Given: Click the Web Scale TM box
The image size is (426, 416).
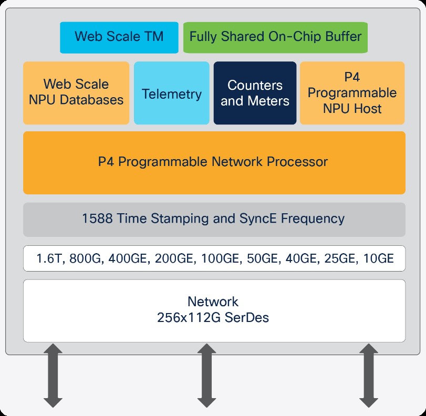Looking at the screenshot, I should tap(119, 37).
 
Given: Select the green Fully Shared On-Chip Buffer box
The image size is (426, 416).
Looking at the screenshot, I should tap(275, 37).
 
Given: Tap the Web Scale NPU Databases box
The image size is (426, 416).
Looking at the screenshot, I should tap(76, 92).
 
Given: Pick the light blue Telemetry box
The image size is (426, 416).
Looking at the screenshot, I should tap(171, 94).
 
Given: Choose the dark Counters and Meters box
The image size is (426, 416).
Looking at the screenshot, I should tap(255, 93).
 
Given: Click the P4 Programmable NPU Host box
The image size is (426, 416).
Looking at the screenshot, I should tap(352, 93).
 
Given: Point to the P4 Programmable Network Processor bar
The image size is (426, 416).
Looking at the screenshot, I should tap(214, 162).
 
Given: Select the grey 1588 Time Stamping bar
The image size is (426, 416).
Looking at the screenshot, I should tap(214, 219).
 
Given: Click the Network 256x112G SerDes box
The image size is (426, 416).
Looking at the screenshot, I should tap(214, 310).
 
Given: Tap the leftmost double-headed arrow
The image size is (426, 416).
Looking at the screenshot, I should tap(53, 375).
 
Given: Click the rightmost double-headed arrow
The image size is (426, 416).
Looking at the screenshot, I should tap(368, 375).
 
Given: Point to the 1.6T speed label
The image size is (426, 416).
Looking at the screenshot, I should tap(49, 259).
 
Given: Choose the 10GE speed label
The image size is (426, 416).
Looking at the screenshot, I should tap(378, 259).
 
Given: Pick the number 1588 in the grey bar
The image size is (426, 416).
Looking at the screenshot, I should tap(97, 219).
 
